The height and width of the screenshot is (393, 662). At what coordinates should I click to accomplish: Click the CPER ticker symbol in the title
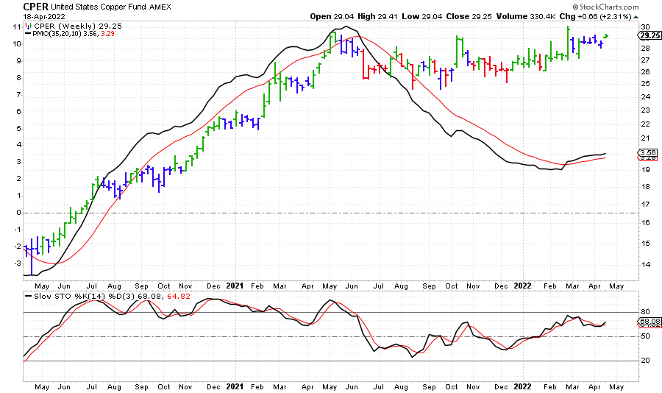(x=37, y=6)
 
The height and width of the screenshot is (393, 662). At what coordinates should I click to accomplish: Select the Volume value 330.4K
(x=555, y=16)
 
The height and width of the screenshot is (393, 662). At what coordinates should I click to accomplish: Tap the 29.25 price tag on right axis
(x=647, y=35)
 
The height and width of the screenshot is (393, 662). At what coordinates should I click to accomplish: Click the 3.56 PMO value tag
(x=647, y=153)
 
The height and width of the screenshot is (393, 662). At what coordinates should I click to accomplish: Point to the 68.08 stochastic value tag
(x=647, y=322)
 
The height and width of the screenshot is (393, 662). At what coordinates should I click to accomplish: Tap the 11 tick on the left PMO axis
(x=16, y=26)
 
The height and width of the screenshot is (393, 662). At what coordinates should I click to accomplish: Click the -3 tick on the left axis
(x=15, y=263)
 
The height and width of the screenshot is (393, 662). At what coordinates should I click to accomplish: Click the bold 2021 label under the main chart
(x=235, y=285)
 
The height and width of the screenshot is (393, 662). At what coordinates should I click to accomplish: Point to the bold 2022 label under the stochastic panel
(x=522, y=386)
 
